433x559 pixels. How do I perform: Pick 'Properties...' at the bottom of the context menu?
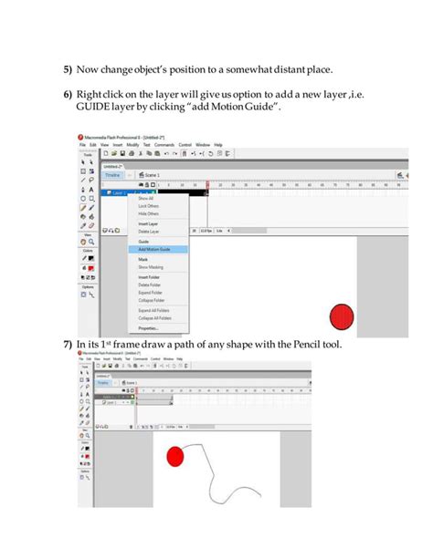148,328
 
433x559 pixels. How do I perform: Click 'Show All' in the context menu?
146,199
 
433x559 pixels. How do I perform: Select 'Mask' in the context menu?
143,260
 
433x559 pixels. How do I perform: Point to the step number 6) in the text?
68,94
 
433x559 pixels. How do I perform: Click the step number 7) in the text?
68,345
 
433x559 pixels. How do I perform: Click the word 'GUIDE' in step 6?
95,108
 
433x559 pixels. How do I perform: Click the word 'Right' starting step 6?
90,94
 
